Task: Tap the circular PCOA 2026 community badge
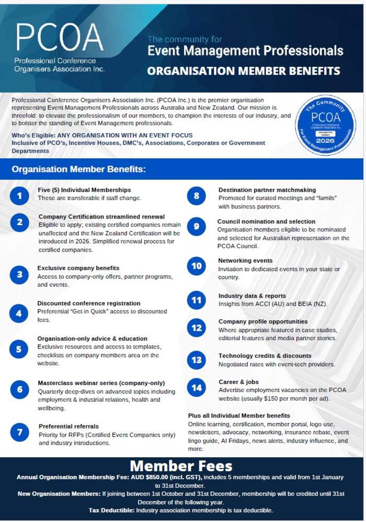(x=325, y=124)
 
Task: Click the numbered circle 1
(x=19, y=196)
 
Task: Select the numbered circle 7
(x=19, y=432)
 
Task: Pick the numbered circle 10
(x=197, y=266)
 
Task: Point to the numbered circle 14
(x=197, y=388)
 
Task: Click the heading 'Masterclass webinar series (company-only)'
(x=101, y=382)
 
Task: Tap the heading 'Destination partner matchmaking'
(x=267, y=190)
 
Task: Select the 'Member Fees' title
(x=181, y=466)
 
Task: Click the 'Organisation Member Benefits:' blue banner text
(x=78, y=169)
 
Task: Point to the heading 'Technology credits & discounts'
(x=265, y=356)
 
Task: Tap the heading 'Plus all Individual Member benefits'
(x=239, y=415)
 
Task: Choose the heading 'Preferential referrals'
(x=68, y=426)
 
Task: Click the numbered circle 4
(x=19, y=314)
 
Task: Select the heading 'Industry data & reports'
(x=252, y=295)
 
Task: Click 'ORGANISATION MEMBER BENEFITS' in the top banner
(x=244, y=71)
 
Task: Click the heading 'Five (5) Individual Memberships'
(x=84, y=190)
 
